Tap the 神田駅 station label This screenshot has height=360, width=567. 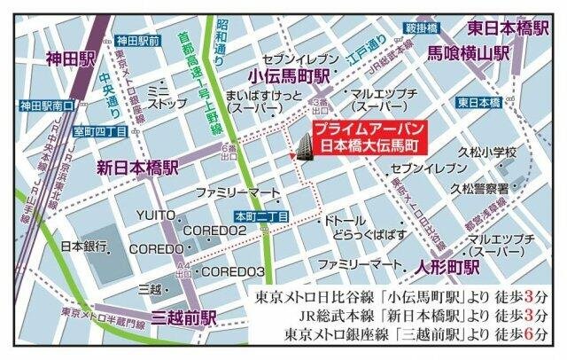pyautogui.click(x=70, y=59)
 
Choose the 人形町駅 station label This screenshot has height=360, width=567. pyautogui.click(x=448, y=265)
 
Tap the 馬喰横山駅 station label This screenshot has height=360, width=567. pyautogui.click(x=469, y=52)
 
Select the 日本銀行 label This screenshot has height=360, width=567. pyautogui.click(x=84, y=245)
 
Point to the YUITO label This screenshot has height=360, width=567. pyautogui.click(x=155, y=215)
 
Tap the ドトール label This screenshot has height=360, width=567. pyautogui.click(x=345, y=218)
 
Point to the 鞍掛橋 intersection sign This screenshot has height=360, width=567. pyautogui.click(x=421, y=27)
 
